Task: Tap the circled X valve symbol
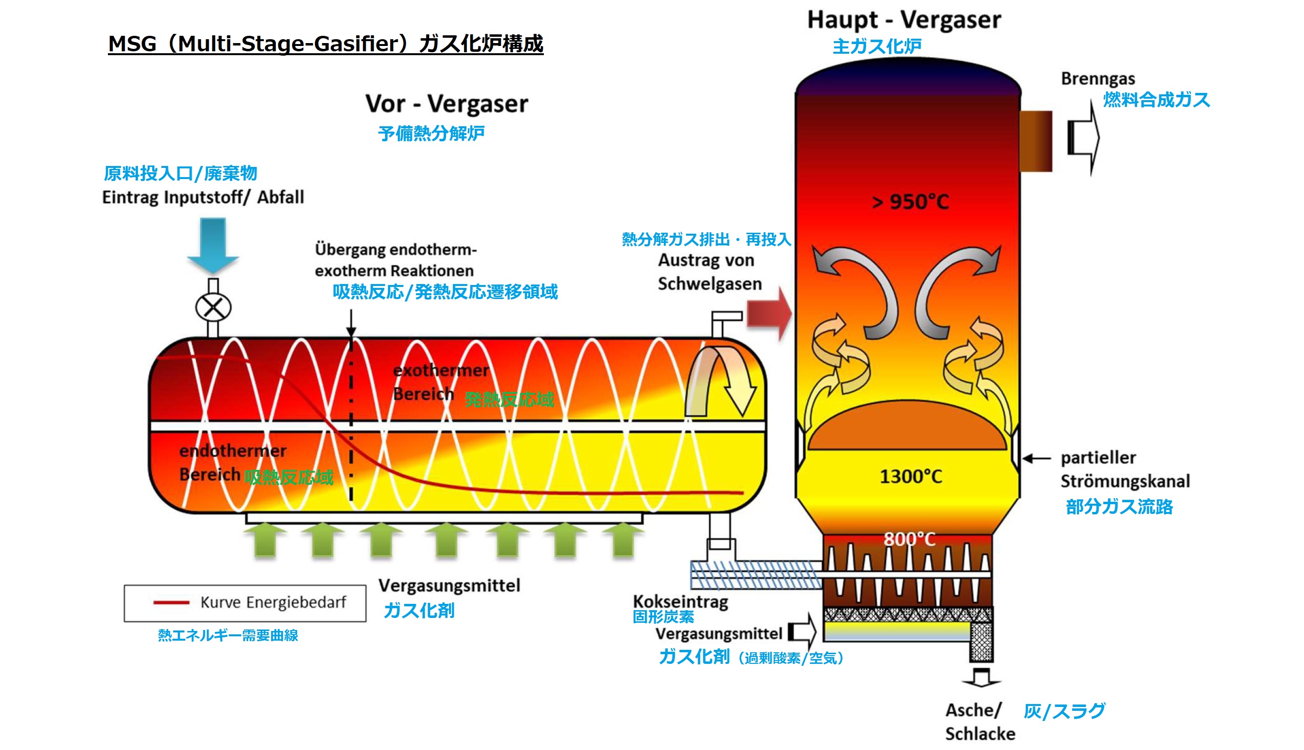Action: pyautogui.click(x=213, y=308)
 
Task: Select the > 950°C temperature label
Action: pyautogui.click(x=910, y=202)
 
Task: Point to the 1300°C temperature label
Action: pyautogui.click(x=911, y=477)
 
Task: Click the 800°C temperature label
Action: pyautogui.click(x=910, y=539)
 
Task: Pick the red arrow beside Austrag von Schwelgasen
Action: pyautogui.click(x=769, y=313)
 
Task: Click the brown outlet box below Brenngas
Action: pyautogui.click(x=1035, y=141)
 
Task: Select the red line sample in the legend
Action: pyautogui.click(x=171, y=602)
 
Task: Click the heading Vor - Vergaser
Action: pyautogui.click(x=447, y=104)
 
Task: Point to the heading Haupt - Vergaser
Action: pyautogui.click(x=904, y=20)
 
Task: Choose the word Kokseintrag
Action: pyautogui.click(x=680, y=601)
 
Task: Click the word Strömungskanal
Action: pyautogui.click(x=1125, y=481)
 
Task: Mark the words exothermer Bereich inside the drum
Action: pyautogui.click(x=440, y=382)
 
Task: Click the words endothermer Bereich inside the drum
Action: pyautogui.click(x=232, y=462)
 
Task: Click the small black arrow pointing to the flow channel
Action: pyautogui.click(x=1036, y=458)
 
